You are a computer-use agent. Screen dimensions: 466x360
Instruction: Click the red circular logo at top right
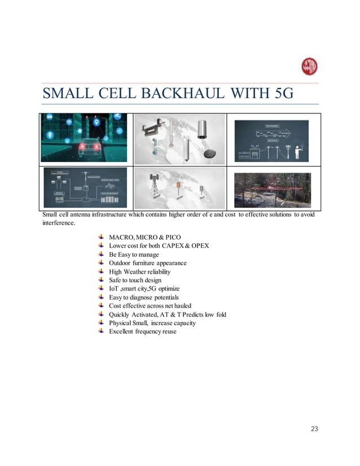(x=309, y=66)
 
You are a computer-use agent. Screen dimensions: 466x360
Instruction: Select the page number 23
(x=314, y=429)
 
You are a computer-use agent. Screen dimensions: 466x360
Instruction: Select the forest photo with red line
(x=273, y=190)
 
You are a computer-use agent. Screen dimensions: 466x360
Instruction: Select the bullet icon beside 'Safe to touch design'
(x=100, y=280)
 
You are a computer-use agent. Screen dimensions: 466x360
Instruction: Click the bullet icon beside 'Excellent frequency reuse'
(x=100, y=331)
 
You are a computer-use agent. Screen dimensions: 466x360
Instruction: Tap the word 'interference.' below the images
(x=58, y=223)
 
